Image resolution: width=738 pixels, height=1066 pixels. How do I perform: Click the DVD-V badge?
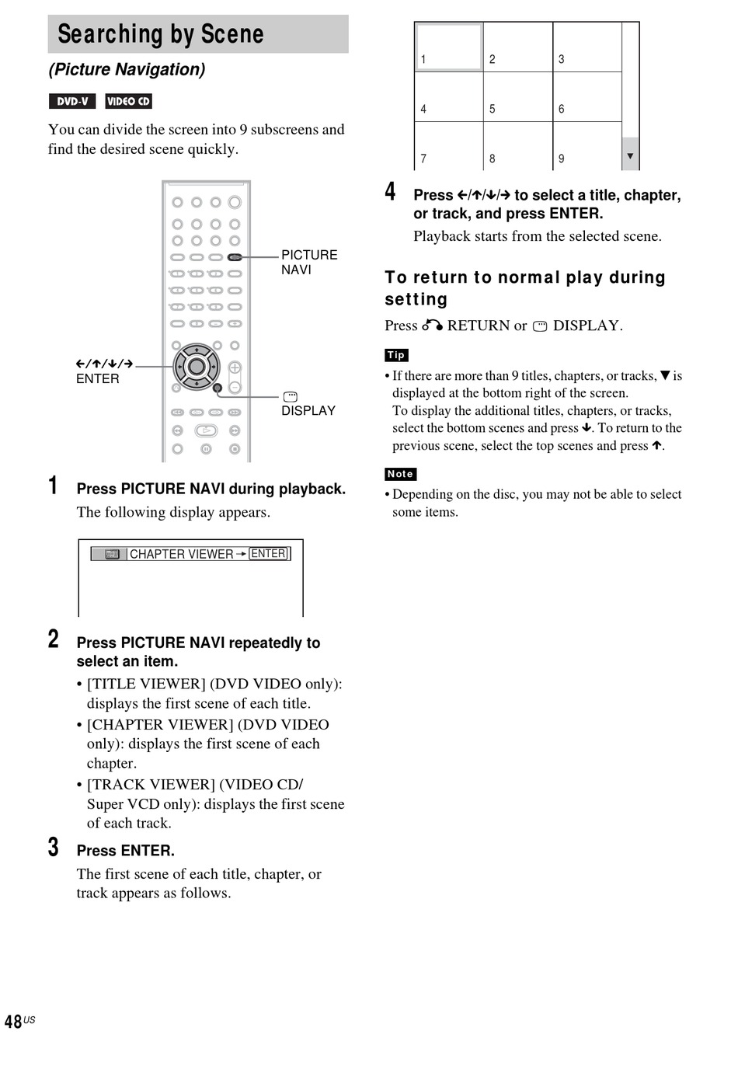72,101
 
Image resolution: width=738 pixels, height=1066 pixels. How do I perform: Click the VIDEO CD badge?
128,101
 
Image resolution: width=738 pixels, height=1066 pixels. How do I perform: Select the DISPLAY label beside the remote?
308,410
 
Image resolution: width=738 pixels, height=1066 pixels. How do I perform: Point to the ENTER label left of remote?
98,378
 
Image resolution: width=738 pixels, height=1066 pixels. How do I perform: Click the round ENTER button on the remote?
197,367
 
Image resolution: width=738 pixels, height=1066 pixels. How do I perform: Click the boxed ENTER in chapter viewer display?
269,553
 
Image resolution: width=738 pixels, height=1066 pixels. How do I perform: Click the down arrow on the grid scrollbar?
630,156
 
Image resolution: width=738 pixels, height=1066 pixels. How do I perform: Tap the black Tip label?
396,355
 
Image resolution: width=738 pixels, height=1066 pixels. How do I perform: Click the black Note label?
400,474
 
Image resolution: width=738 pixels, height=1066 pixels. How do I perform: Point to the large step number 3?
54,847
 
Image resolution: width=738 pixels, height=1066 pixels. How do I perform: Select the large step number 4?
391,191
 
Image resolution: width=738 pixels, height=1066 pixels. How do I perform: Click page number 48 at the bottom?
14,1022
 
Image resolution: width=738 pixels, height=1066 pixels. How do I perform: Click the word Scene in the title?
232,34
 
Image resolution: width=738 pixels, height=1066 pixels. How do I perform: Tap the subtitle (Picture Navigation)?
127,69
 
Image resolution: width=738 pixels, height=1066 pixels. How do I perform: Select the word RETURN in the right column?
478,326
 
